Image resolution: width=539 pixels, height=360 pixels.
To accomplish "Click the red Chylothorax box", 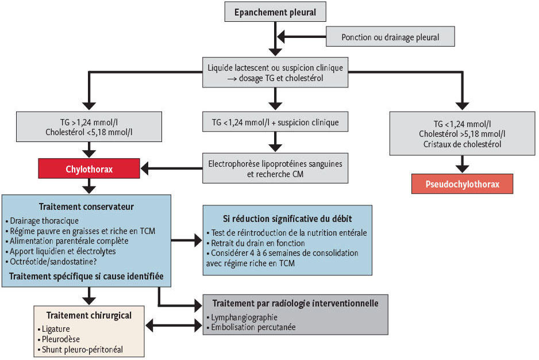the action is [89, 168].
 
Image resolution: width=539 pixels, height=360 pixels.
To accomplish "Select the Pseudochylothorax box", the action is [463, 184].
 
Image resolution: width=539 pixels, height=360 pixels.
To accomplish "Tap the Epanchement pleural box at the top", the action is [275, 12].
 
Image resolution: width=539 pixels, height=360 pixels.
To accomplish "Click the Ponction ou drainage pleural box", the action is [390, 37].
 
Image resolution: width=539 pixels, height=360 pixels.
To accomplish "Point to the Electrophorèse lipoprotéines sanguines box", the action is [275, 168].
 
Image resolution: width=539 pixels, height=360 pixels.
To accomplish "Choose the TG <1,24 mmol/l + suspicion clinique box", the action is [275, 122].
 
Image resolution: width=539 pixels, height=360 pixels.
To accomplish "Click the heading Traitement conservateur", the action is [86, 206].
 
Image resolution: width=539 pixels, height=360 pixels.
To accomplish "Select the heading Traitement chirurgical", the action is [89, 315].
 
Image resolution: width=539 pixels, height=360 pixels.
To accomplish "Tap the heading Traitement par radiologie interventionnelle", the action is [295, 303].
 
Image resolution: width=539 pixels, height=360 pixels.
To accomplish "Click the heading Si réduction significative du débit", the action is [287, 219].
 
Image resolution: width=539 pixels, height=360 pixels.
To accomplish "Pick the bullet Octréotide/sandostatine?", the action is [51, 262].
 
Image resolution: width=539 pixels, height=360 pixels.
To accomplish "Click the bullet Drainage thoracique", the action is [43, 221].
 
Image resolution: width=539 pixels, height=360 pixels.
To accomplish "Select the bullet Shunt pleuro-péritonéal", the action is [80, 350].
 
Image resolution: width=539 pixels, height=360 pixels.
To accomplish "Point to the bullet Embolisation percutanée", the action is [251, 327].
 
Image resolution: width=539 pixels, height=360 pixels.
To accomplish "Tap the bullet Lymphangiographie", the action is [242, 317].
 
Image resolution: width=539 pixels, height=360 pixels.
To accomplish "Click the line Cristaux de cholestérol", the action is [463, 144].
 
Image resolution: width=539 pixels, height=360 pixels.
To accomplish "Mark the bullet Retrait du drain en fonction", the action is [256, 243].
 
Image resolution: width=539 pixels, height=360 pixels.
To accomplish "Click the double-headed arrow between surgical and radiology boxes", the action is [174, 325].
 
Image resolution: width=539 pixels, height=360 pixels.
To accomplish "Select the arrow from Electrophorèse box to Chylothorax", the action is [172, 168].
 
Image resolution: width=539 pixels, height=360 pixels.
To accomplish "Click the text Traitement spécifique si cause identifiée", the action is [86, 277].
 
